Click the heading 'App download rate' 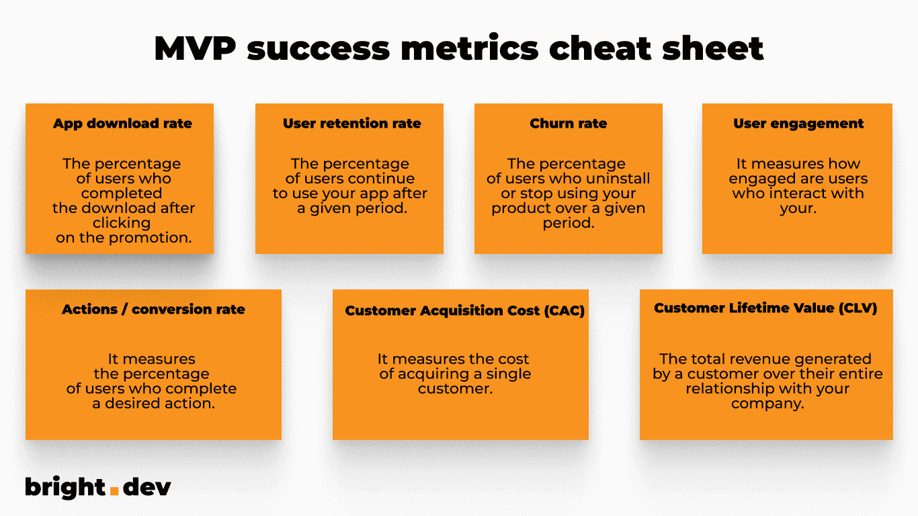point(122,124)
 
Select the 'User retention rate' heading point(351,124)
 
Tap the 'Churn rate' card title point(568,124)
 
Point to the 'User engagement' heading point(798,124)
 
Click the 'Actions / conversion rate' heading point(153,310)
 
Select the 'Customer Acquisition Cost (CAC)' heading point(464,311)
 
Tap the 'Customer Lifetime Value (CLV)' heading point(765,308)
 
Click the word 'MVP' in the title point(194,48)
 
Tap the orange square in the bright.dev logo point(114,490)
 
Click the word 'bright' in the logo point(65,486)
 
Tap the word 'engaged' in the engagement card point(759,179)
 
